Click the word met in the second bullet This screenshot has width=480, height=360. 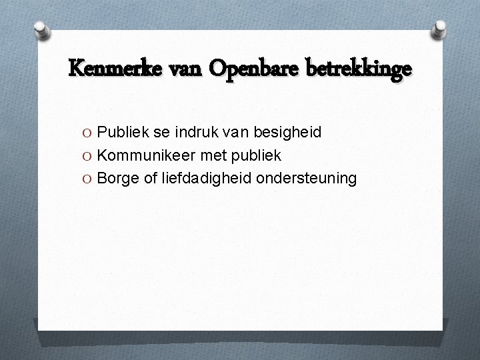tap(203, 155)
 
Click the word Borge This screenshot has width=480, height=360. tap(116, 179)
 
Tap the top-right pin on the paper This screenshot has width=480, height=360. tap(441, 29)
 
